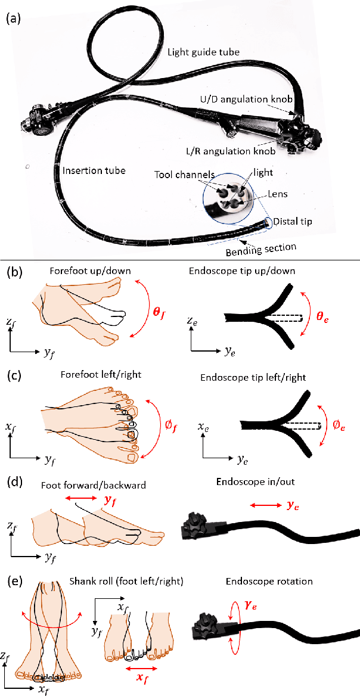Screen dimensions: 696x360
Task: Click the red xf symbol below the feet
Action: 141,684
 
